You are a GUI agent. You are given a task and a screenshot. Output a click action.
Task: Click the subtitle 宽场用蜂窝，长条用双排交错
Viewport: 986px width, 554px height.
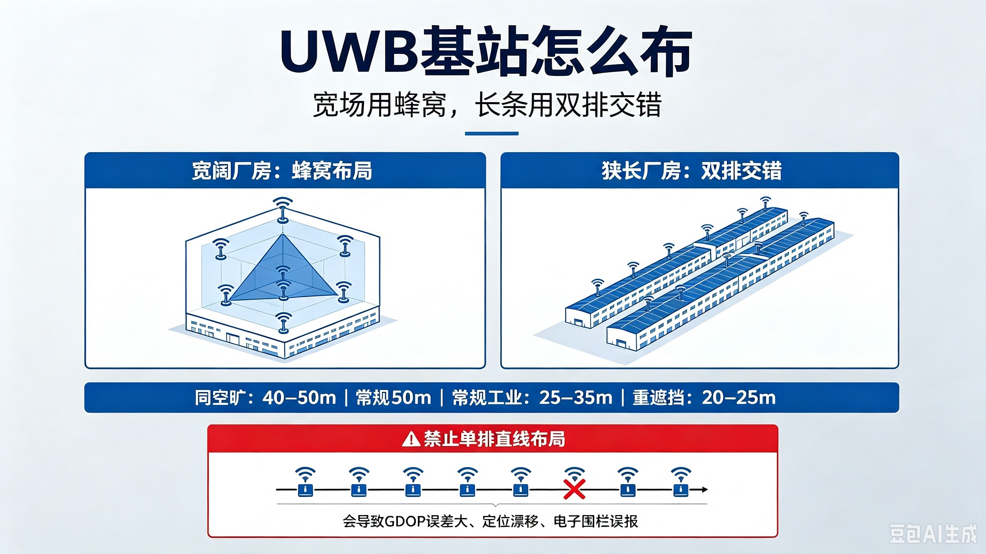click(487, 105)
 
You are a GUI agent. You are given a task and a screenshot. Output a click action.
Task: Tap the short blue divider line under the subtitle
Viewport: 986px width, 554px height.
click(492, 133)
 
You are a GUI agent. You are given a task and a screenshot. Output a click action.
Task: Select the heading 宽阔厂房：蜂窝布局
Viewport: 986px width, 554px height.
click(282, 171)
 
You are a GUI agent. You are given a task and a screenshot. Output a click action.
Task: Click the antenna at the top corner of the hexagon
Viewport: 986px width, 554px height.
click(283, 209)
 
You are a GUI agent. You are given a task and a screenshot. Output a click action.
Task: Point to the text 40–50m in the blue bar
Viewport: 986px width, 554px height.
click(299, 398)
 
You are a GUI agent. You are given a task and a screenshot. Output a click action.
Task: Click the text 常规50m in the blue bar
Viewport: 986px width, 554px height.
click(394, 398)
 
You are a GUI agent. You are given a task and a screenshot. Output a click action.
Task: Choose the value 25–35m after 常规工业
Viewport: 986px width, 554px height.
click(576, 398)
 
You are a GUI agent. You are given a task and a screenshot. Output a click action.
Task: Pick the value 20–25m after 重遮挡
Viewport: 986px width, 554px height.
click(739, 398)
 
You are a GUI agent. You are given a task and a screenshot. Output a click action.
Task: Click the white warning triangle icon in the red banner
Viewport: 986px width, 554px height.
click(411, 439)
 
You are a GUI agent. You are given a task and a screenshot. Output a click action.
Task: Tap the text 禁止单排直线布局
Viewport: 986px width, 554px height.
click(494, 439)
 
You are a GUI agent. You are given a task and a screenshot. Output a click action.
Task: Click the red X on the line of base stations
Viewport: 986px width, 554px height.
click(574, 489)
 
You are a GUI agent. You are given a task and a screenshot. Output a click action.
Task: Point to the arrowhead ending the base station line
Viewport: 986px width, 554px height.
click(704, 489)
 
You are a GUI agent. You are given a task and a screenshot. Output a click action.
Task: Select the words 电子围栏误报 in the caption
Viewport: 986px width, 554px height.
click(595, 521)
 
